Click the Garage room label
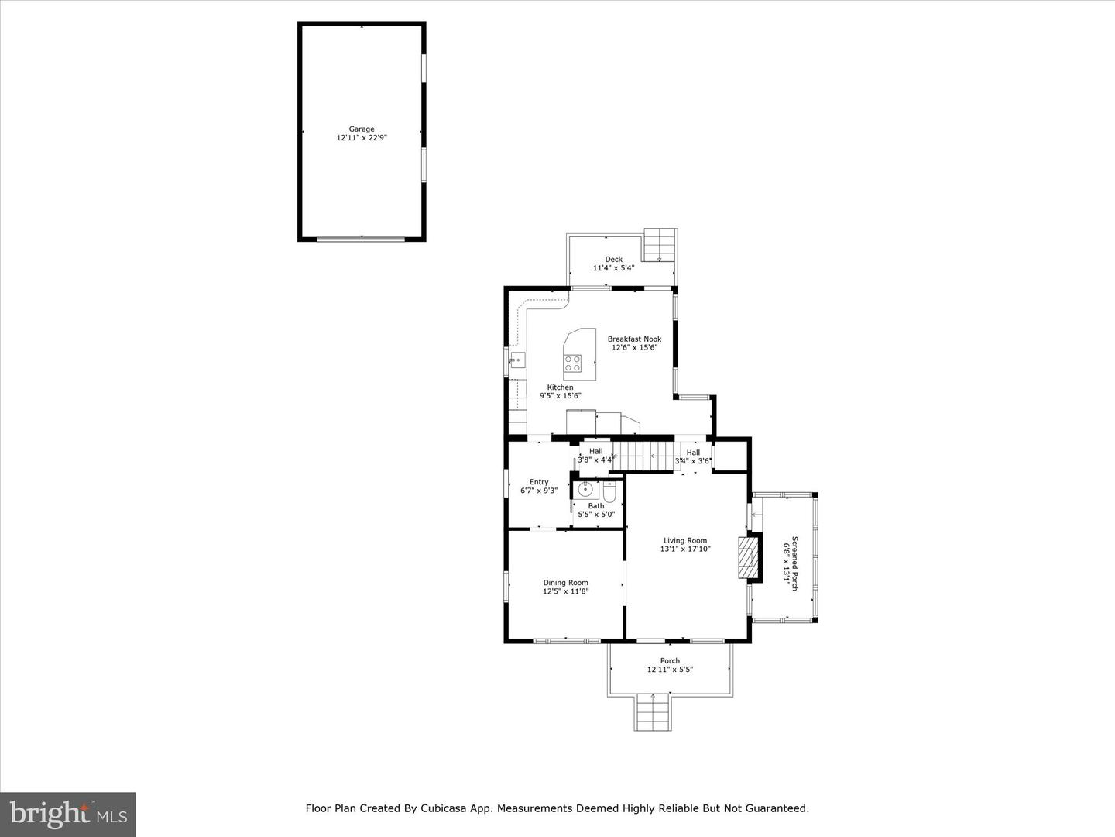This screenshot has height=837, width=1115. coord(361,129)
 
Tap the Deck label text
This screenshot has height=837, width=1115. coord(613,260)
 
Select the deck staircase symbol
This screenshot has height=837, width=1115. coord(660,245)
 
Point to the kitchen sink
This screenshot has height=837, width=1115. coord(517,360)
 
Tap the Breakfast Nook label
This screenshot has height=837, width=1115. coord(634,339)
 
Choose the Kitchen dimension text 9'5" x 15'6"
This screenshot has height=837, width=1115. coord(560,396)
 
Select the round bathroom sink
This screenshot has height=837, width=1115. coord(585,490)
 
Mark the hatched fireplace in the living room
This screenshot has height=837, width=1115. coord(746,557)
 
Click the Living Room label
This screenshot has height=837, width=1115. coord(684,541)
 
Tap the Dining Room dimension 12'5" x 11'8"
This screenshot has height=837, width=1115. coord(565,591)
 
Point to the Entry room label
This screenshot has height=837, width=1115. coord(539,482)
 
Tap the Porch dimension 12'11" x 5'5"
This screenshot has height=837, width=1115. coord(670,670)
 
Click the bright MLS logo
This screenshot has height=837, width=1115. coord(68,814)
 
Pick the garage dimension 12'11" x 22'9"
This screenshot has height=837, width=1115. coord(361,138)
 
